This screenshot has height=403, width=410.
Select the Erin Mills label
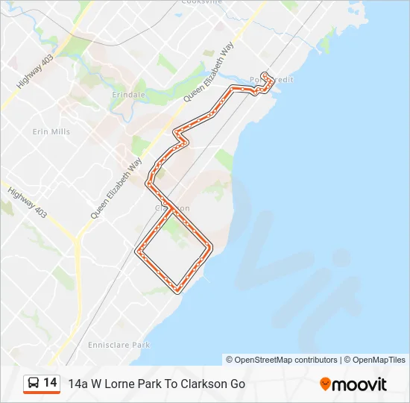tap(51, 131)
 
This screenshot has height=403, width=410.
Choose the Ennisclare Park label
tap(119, 345)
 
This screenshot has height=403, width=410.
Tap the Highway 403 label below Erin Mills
tap(28, 202)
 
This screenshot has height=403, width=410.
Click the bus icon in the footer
tap(33, 384)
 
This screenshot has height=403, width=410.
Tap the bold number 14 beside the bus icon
tap(50, 383)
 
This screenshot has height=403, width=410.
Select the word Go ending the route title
tap(237, 384)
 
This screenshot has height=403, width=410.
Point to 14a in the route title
tap(78, 384)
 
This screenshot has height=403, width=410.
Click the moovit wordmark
tap(360, 384)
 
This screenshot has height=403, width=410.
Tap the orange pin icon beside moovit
tap(325, 384)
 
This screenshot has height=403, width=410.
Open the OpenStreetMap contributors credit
tap(282, 360)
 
